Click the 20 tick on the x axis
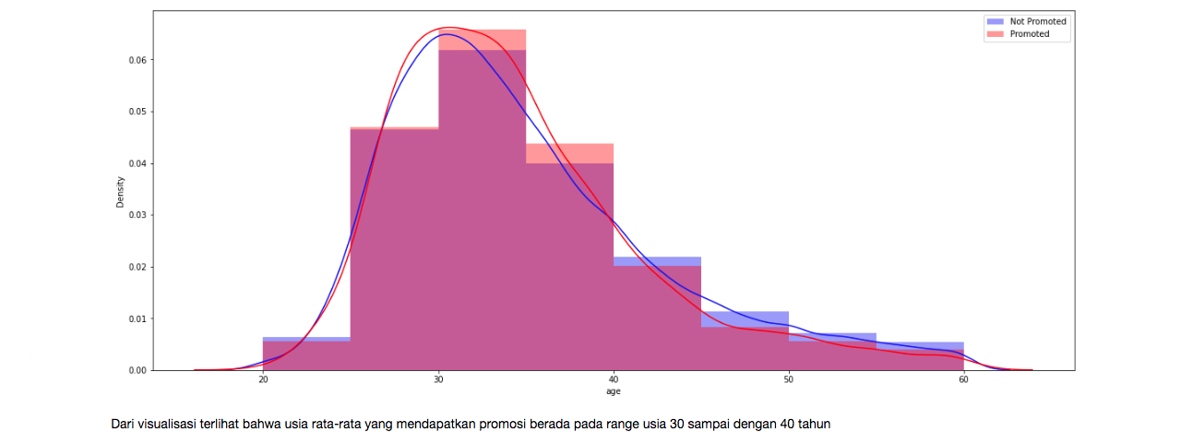coord(263,380)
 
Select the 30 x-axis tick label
coord(438,380)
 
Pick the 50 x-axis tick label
coord(788,380)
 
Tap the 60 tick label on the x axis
coord(963,380)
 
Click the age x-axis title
coord(613,391)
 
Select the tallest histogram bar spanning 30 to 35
coord(482,212)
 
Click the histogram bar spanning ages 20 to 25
coord(306,355)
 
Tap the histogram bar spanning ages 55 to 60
coord(920,357)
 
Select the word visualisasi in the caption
coord(166,425)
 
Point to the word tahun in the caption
coord(813,425)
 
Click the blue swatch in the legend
coord(995,21)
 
